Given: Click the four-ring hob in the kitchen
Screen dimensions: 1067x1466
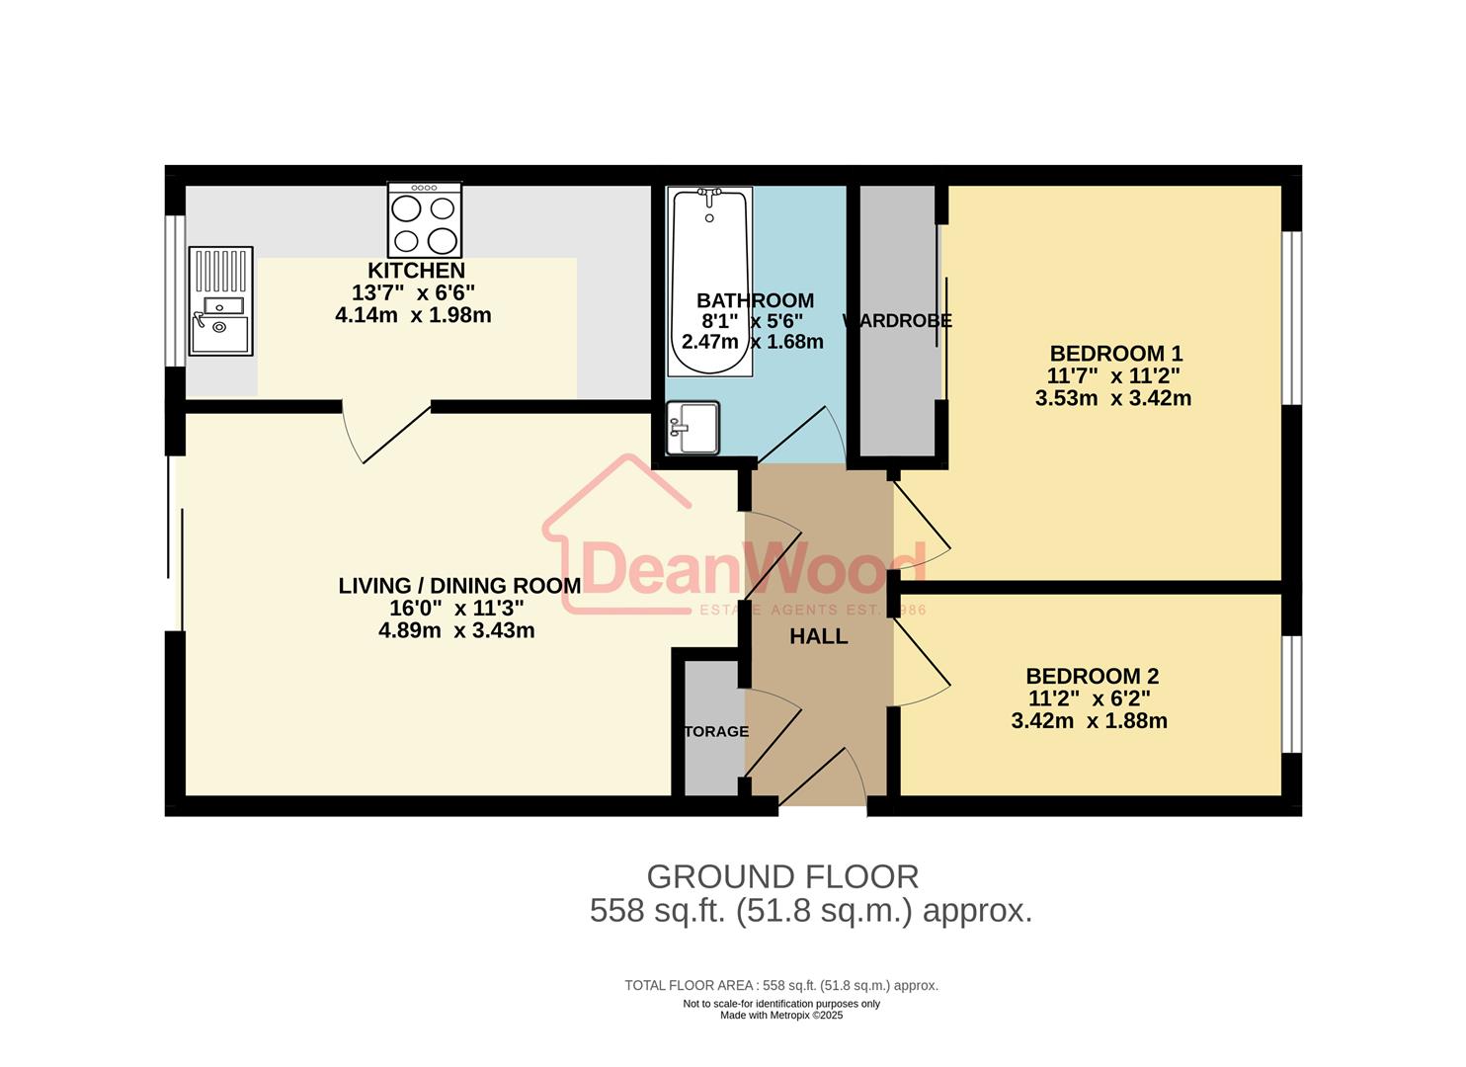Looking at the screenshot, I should coord(425,221).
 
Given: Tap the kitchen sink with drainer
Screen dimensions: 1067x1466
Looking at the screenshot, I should coord(220,300).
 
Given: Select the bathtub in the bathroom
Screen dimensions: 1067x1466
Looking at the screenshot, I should coord(709,282).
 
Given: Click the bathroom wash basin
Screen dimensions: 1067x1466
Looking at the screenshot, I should coord(693,428).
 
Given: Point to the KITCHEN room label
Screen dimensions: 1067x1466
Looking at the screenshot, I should coord(416,271).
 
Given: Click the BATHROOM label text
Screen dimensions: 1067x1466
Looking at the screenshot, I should coord(755,300).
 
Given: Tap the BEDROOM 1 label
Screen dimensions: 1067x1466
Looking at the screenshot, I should coord(1115,354).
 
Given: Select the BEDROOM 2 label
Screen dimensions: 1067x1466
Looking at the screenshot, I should coord(1092,677).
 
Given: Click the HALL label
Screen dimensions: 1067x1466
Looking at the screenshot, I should coord(818,637).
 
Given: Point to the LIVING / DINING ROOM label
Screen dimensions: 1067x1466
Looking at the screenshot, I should coord(459,586).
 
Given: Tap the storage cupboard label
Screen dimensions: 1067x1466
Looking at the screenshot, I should coord(716,732).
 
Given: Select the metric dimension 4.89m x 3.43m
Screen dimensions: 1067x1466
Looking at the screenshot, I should coord(456,630).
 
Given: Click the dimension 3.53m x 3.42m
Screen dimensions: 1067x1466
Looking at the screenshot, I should coord(1112,398).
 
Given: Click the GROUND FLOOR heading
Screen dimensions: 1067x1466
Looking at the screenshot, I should coord(782,877).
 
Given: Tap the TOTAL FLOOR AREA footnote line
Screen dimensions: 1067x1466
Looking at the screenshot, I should coord(781,985).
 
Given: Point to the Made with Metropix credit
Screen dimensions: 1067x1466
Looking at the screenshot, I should coord(781,1016).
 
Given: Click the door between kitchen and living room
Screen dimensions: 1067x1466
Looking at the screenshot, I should coord(387,431).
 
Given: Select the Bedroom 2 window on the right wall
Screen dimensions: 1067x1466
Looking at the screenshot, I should coord(1291,695).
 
